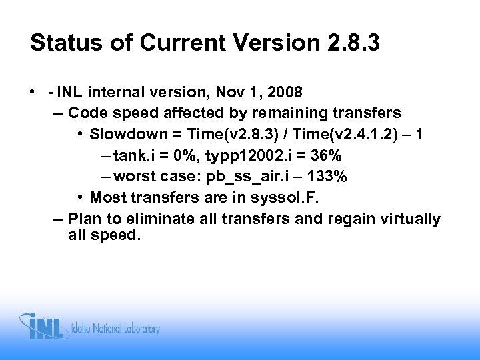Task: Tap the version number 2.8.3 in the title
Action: (x=359, y=43)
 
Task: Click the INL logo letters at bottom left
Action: (x=47, y=327)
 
